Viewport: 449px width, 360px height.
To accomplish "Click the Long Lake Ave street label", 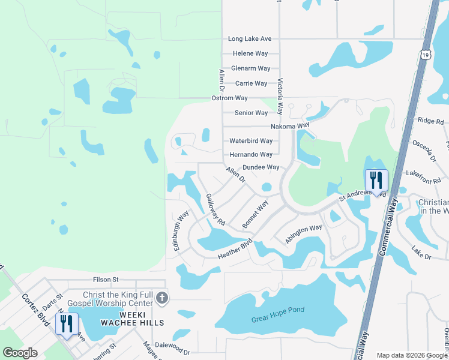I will pyautogui.click(x=250, y=39).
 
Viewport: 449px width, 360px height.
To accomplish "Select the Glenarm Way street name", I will pyautogui.click(x=250, y=69).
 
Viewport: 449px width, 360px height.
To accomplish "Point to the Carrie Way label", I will pyautogui.click(x=252, y=83).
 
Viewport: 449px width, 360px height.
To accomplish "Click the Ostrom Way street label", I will pyautogui.click(x=229, y=98).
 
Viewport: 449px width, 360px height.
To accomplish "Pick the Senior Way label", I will pyautogui.click(x=251, y=113).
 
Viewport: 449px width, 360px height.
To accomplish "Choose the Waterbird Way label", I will pyautogui.click(x=251, y=141).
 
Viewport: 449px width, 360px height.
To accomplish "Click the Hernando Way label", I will pyautogui.click(x=251, y=155).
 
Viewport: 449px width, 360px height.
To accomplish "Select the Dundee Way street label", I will pyautogui.click(x=261, y=167).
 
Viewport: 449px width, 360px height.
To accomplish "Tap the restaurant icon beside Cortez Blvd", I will pyautogui.click(x=66, y=323).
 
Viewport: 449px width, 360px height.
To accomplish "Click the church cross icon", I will pyautogui.click(x=161, y=298).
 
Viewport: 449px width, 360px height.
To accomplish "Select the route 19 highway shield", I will pyautogui.click(x=425, y=55).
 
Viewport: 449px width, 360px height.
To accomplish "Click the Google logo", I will pyautogui.click(x=20, y=353).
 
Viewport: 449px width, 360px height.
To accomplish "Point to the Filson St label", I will pyautogui.click(x=106, y=280).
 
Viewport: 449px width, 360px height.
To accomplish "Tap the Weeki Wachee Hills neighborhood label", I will pyautogui.click(x=142, y=319).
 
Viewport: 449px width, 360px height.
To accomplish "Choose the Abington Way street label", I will pyautogui.click(x=304, y=233).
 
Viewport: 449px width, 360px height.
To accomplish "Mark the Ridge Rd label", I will pyautogui.click(x=430, y=121).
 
